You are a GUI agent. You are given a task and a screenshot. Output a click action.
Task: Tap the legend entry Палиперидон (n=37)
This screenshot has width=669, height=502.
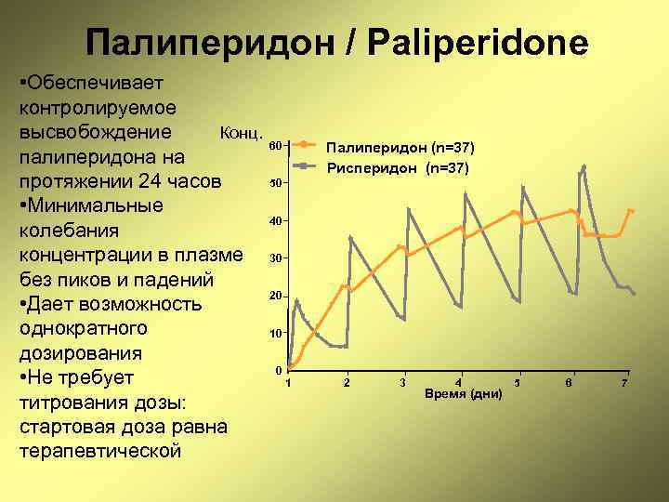(x=400, y=147)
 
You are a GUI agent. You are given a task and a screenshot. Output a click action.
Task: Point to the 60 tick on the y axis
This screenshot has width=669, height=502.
(x=275, y=146)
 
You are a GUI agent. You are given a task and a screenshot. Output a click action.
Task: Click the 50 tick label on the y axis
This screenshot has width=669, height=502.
(x=275, y=183)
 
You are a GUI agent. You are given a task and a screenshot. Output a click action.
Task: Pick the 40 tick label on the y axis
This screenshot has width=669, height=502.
(x=275, y=221)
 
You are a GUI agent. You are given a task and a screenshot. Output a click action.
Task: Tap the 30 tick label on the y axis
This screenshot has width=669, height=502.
(x=275, y=258)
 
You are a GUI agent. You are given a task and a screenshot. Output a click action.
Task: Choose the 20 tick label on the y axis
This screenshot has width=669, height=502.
(x=275, y=296)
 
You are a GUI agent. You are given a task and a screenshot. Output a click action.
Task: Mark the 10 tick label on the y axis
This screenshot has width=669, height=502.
(x=275, y=334)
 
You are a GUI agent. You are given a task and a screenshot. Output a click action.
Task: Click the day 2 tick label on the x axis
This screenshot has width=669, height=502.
(x=347, y=383)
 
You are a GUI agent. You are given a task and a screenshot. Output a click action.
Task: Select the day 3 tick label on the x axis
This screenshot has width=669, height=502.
(x=402, y=383)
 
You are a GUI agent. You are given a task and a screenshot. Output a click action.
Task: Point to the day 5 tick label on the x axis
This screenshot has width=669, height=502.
(x=517, y=383)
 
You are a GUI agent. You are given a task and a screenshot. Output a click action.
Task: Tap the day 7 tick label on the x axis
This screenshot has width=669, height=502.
(x=624, y=383)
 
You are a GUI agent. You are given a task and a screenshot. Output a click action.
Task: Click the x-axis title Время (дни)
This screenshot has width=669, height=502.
(x=463, y=394)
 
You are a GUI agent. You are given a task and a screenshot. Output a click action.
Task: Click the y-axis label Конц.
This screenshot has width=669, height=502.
(x=242, y=131)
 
